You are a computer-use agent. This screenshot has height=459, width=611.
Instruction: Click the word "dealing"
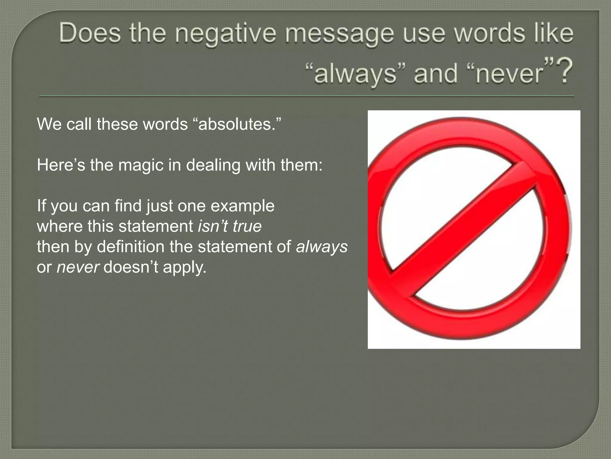click(x=213, y=165)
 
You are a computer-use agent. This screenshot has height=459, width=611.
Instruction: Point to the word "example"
click(x=242, y=206)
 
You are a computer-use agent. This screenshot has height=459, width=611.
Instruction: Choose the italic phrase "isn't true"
click(x=230, y=226)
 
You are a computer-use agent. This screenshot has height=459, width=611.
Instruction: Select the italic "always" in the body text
click(x=322, y=247)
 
